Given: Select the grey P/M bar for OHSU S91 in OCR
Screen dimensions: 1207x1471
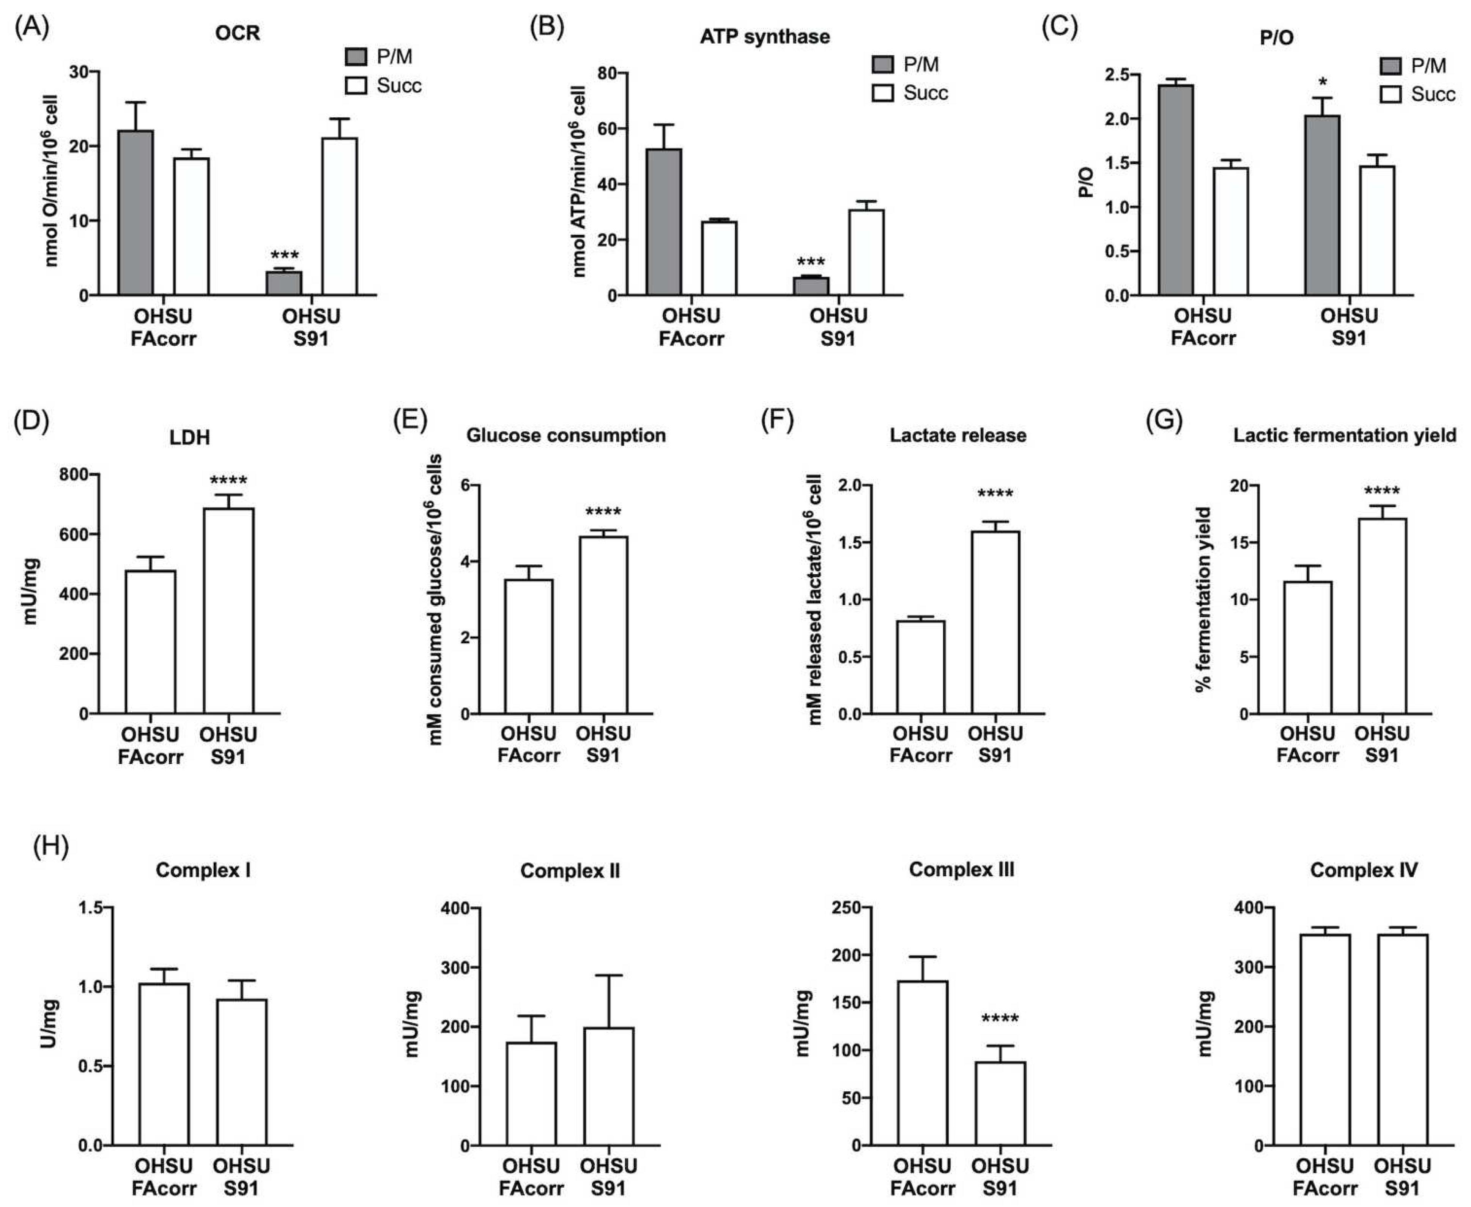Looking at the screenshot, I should point(283,282).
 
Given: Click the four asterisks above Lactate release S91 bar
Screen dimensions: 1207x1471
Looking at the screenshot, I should point(995,494).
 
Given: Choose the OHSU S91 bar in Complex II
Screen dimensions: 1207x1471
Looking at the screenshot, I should point(609,1086).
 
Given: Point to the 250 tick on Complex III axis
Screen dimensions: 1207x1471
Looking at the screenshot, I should point(847,907).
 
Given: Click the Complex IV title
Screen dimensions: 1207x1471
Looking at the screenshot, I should point(1363,870).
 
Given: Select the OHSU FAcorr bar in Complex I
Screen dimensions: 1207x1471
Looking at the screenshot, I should point(164,1064).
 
